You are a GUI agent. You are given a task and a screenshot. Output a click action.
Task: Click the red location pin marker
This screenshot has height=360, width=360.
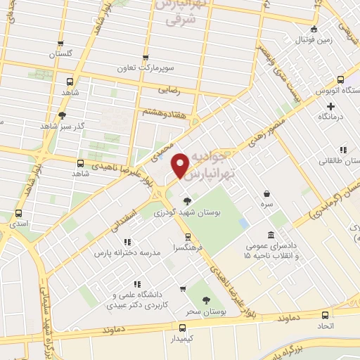181,165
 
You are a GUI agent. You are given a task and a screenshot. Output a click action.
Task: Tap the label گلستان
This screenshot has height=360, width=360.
60,54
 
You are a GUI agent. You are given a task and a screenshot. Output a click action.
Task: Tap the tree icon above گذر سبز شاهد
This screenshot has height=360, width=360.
62,115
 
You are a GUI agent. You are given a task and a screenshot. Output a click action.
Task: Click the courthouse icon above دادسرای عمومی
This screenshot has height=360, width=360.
271,235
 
